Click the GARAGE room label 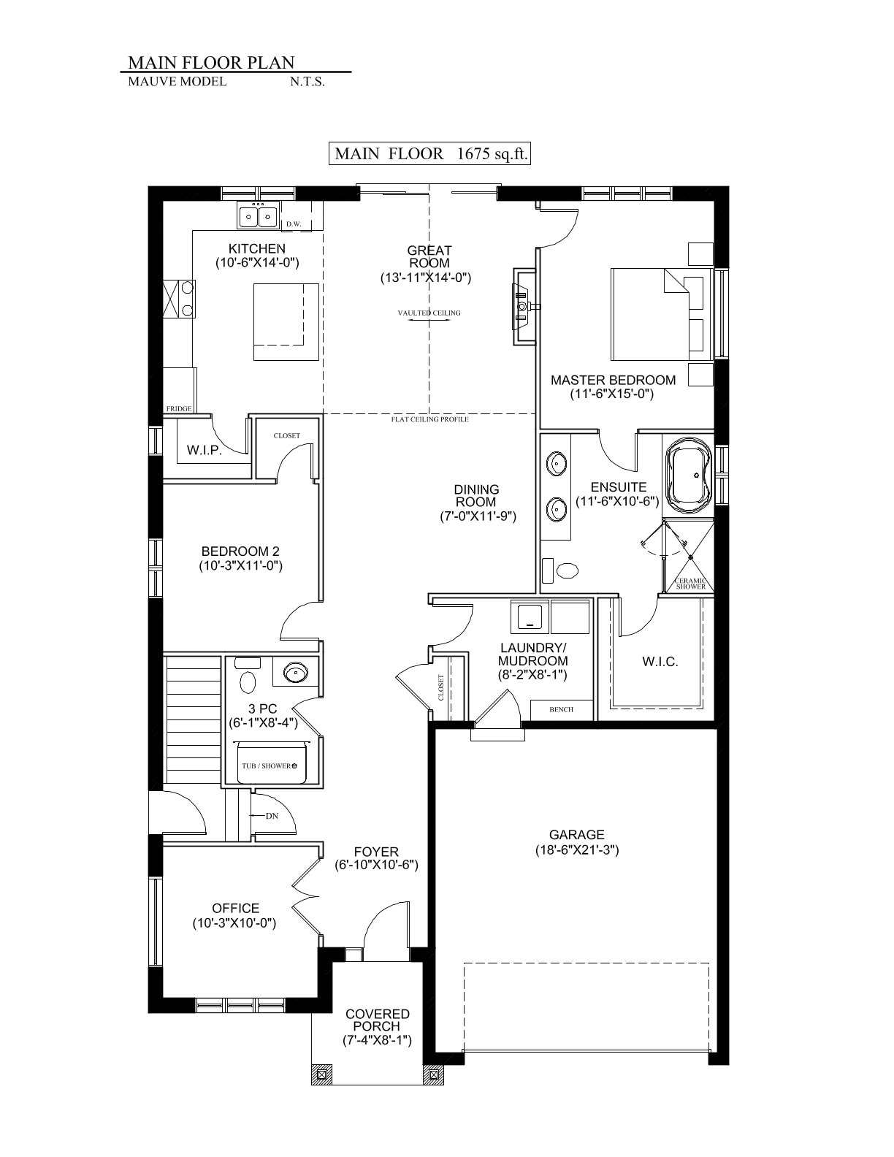(x=577, y=834)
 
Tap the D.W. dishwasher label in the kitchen (x=294, y=224)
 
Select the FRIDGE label (x=179, y=408)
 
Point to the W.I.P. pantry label (x=204, y=450)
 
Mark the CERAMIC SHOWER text (x=691, y=584)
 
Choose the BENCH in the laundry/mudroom (x=561, y=709)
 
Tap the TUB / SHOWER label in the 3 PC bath (x=267, y=765)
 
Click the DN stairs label (x=272, y=816)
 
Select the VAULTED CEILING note (x=429, y=313)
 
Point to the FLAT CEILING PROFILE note (x=429, y=419)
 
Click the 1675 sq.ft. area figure (x=492, y=154)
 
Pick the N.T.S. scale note (x=307, y=82)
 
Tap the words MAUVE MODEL (x=177, y=82)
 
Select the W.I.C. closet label (x=660, y=662)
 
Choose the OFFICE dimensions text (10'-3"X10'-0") (x=234, y=923)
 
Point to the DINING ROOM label (x=476, y=495)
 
